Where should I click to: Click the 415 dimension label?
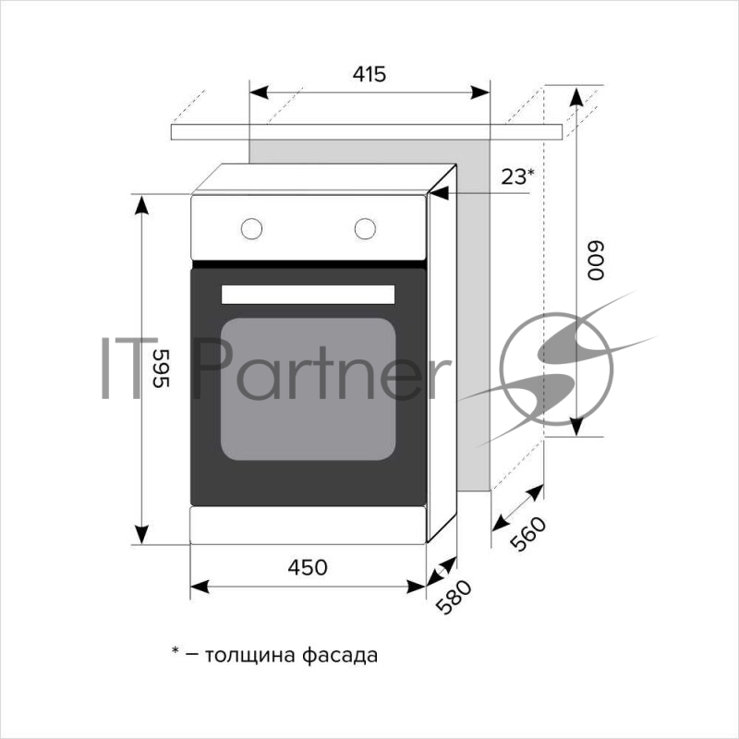[369, 74]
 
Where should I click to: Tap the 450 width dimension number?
[308, 567]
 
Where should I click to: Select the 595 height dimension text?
[161, 369]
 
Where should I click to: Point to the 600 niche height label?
[595, 260]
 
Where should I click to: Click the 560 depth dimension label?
[528, 534]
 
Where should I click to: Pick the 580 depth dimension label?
[454, 597]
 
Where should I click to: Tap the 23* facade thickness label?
[518, 177]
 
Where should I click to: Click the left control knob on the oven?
[251, 229]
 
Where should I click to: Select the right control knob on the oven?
[365, 229]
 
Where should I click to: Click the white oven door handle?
[309, 295]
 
